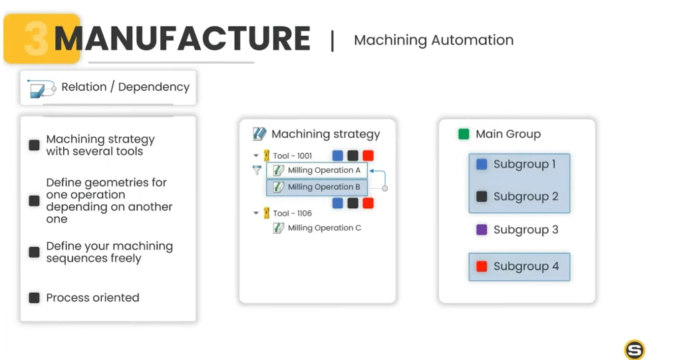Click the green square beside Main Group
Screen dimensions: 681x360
tap(464, 134)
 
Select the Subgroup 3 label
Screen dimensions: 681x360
tap(525, 230)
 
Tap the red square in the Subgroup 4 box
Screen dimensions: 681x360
tap(481, 267)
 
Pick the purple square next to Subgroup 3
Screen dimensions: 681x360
tap(481, 230)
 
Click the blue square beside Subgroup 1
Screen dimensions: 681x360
tap(481, 164)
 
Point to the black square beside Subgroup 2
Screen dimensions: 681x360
tap(481, 196)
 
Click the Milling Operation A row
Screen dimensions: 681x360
tap(317, 170)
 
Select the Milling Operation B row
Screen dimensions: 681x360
tap(317, 188)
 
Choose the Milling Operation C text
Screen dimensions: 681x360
tap(325, 228)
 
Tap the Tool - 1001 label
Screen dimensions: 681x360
tap(293, 156)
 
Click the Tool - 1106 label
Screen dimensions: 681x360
tap(293, 214)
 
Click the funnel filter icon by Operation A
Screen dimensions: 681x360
tap(257, 170)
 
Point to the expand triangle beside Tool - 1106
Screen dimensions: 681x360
tap(256, 213)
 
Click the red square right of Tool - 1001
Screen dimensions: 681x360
tap(368, 156)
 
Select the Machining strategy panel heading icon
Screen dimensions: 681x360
tap(259, 134)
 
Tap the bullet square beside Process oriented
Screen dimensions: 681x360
tap(34, 298)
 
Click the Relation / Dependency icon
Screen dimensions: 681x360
tap(41, 89)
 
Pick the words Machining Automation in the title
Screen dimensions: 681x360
tap(434, 40)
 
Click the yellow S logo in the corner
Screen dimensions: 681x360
tap(634, 349)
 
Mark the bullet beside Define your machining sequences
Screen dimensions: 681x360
tap(34, 252)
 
